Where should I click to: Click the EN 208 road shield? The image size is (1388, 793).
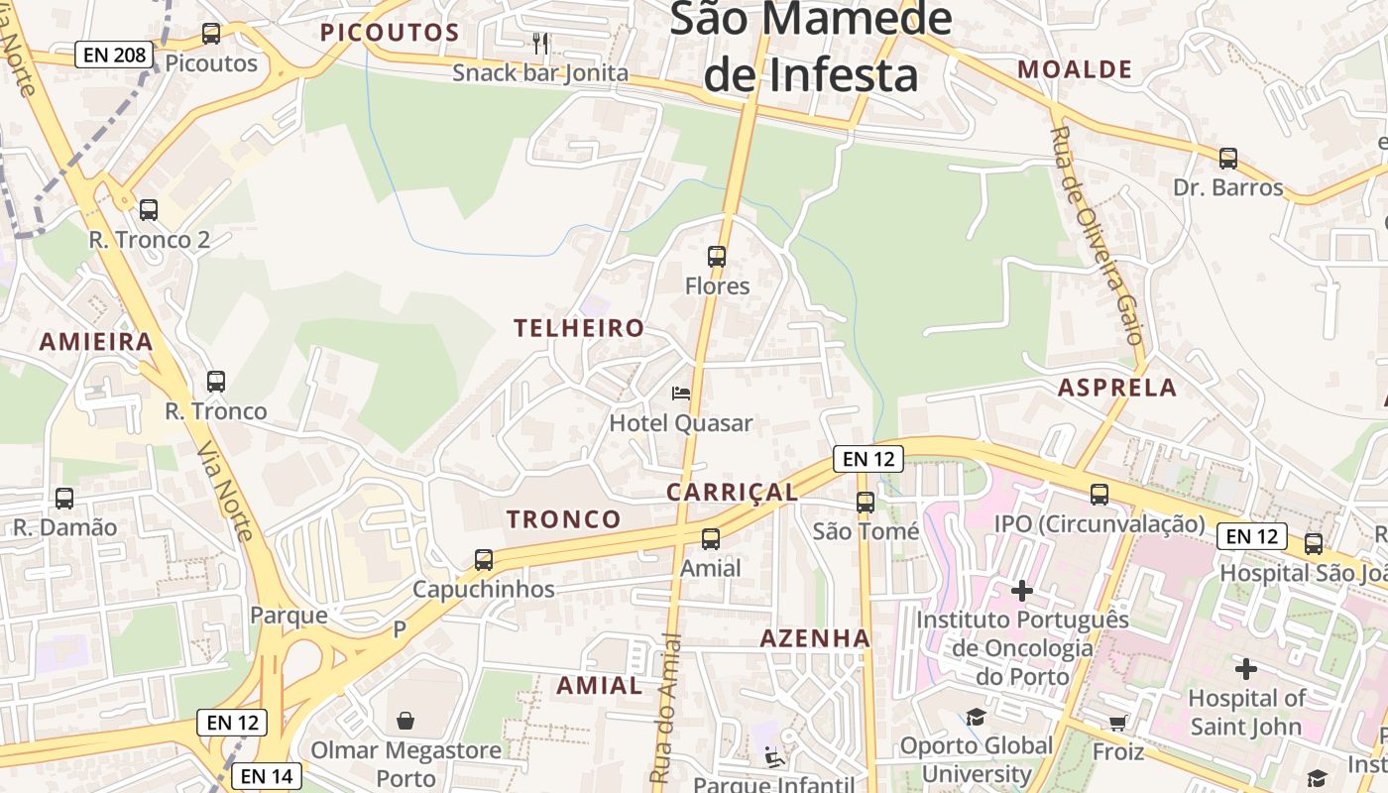[x=115, y=55]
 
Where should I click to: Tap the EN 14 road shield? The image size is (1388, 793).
[x=267, y=776]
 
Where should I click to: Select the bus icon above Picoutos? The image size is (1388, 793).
[x=211, y=34]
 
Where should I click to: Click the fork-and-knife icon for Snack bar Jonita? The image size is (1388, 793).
[x=540, y=43]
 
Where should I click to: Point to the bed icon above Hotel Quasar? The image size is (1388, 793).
[x=681, y=394]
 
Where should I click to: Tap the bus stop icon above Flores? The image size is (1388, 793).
[x=717, y=257]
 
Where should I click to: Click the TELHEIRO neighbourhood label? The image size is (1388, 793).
[x=579, y=328]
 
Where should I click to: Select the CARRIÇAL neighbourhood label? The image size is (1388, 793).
[x=732, y=493]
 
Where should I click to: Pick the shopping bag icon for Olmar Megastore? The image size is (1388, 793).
[x=405, y=720]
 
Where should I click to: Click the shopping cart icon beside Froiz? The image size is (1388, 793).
[x=1118, y=723]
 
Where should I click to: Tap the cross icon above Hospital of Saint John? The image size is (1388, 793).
[x=1246, y=669]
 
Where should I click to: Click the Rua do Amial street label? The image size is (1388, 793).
[x=666, y=709]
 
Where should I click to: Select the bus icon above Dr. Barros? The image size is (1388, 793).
[x=1228, y=159]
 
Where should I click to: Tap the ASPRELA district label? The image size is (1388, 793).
[x=1117, y=388]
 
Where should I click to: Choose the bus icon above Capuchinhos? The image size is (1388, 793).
[x=484, y=560]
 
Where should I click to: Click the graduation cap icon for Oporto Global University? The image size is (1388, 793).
[x=977, y=717]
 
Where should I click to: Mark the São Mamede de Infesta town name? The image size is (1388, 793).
[x=811, y=48]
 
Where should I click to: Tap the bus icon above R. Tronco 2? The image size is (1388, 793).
[x=149, y=210]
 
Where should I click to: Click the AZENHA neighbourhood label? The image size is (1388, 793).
[x=815, y=639]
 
